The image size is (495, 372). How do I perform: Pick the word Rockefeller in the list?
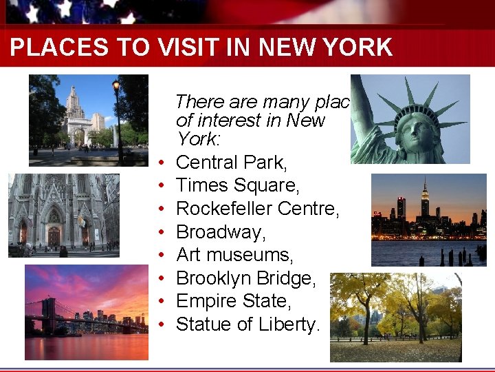click(228, 209)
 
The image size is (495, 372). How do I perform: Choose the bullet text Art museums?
click(234, 255)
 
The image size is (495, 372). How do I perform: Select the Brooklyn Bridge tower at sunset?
click(49, 313)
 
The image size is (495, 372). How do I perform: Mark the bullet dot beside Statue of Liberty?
click(159, 325)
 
